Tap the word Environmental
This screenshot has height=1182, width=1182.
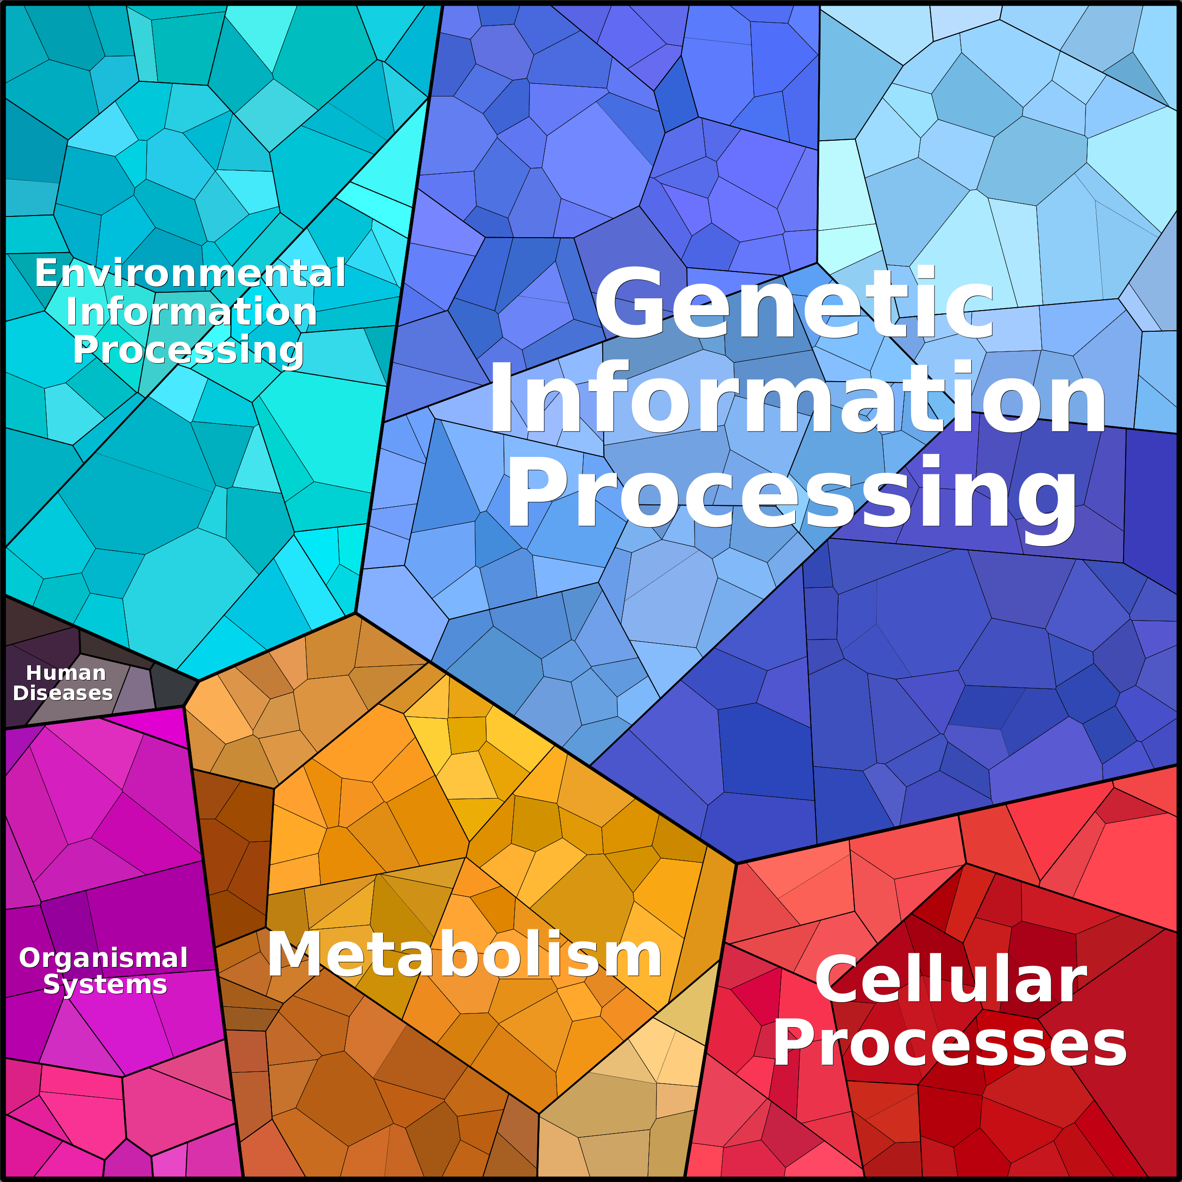point(190,273)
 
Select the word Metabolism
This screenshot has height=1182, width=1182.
point(465,954)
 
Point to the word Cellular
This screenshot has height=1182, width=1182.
point(950,980)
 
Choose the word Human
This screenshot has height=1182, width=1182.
point(65,673)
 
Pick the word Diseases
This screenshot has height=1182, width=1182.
point(63,693)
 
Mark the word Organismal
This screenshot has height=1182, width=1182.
point(104,958)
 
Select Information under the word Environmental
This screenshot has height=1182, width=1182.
point(192,312)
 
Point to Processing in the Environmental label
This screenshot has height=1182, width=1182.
point(188,350)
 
